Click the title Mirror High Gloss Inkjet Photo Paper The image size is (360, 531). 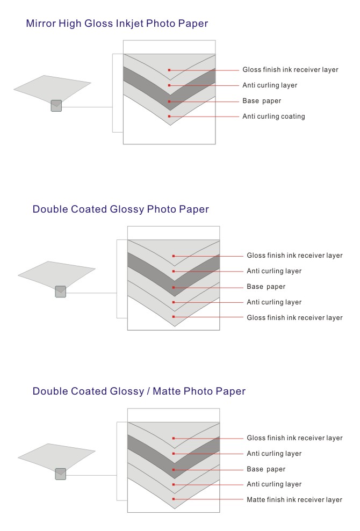(x=117, y=24)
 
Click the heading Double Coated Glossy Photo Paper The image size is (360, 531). (x=121, y=209)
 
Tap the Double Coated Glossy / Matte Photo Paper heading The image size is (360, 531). (x=139, y=391)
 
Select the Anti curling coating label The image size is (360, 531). (x=273, y=117)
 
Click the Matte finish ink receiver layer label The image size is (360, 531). (x=294, y=500)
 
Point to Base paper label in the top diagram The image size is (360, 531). (x=262, y=101)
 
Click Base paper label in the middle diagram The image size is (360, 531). (x=266, y=287)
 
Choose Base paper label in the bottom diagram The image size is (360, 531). (x=266, y=469)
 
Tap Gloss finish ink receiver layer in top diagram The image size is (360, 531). (x=290, y=70)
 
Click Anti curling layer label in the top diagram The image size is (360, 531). (x=270, y=85)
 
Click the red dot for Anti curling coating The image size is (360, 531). (x=169, y=117)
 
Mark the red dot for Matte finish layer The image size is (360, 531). (x=174, y=499)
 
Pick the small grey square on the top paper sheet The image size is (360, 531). (x=56, y=106)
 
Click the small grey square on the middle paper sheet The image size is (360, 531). (x=61, y=292)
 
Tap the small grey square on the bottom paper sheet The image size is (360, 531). (x=61, y=474)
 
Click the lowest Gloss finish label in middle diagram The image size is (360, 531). (x=294, y=318)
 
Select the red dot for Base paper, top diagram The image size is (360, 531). (x=169, y=101)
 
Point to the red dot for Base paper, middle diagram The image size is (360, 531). (x=174, y=287)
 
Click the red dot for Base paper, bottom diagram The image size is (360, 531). (x=174, y=470)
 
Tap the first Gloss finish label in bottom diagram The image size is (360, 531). (x=294, y=438)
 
